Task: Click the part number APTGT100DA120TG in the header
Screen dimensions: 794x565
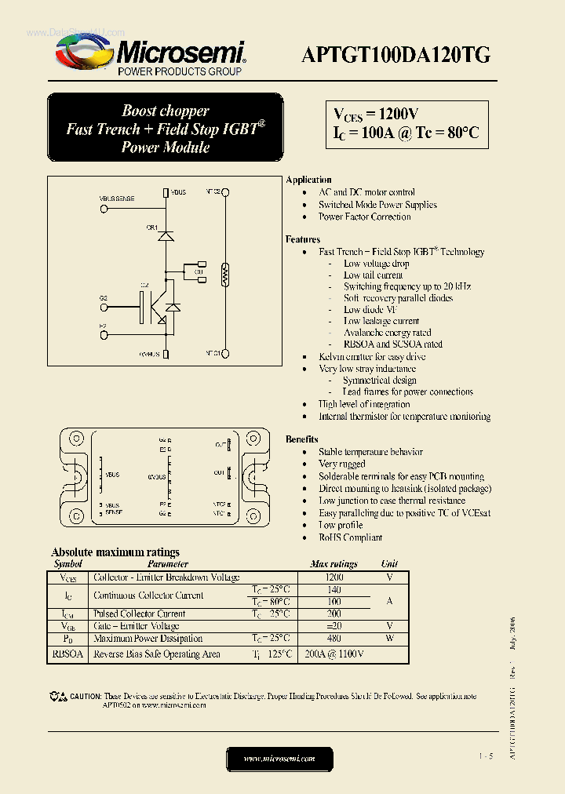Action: pyautogui.click(x=396, y=54)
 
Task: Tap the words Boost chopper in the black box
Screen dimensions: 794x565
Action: pyautogui.click(x=165, y=111)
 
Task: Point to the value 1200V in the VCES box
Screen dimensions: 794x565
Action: pyautogui.click(x=392, y=114)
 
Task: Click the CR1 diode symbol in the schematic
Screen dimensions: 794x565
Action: pyautogui.click(x=166, y=235)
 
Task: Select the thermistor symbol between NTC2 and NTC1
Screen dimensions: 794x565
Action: pyautogui.click(x=226, y=274)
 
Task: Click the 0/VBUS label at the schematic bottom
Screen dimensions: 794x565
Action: pyautogui.click(x=149, y=355)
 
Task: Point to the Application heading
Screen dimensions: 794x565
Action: pyautogui.click(x=308, y=180)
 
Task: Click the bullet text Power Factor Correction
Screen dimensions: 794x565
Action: pyautogui.click(x=364, y=217)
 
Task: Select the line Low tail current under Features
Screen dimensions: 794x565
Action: pyautogui.click(x=373, y=275)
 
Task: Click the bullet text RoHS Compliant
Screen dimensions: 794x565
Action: pyautogui.click(x=350, y=537)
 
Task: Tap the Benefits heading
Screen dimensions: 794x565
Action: pyautogui.click(x=302, y=439)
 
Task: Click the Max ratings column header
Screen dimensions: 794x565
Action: pyautogui.click(x=334, y=563)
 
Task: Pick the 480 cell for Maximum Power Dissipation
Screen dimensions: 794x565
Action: pyautogui.click(x=334, y=639)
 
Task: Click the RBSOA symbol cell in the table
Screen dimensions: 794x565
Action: pyautogui.click(x=67, y=654)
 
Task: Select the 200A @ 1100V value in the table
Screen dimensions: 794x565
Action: pyautogui.click(x=334, y=654)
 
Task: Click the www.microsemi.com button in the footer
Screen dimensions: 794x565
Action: pyautogui.click(x=279, y=759)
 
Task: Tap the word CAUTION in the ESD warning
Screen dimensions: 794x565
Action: pyautogui.click(x=86, y=696)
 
